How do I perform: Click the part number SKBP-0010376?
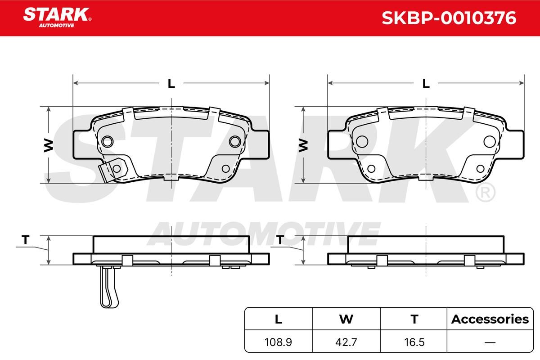pos(449,18)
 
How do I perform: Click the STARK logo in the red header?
pos(57,18)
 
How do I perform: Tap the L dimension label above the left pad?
pos(171,84)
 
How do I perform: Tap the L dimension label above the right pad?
pos(426,84)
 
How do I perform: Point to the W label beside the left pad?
pos(49,145)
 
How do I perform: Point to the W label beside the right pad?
pos(303,145)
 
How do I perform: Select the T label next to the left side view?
pos(25,240)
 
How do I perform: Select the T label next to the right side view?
pos(280,240)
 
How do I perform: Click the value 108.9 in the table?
pos(278,342)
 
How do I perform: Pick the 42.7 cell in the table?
pos(346,342)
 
